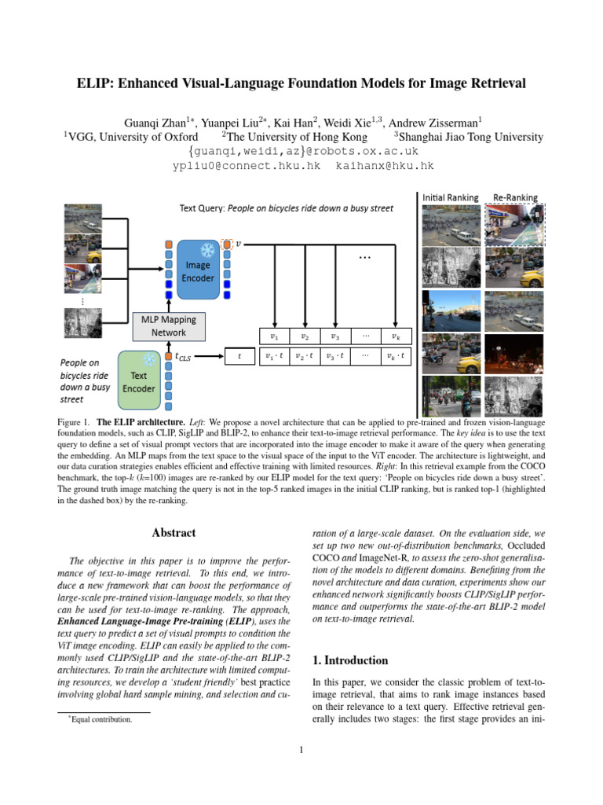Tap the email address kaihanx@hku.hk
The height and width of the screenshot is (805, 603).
coord(385,166)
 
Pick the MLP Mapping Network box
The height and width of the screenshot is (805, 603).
coord(169,326)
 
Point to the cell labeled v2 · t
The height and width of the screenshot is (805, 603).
coord(304,356)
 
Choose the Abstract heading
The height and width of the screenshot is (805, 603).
coord(174,533)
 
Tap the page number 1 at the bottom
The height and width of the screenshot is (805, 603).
coord(301,749)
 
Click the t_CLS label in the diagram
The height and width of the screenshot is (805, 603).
coord(182,356)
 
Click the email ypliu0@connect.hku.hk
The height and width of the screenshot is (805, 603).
coord(247,166)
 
